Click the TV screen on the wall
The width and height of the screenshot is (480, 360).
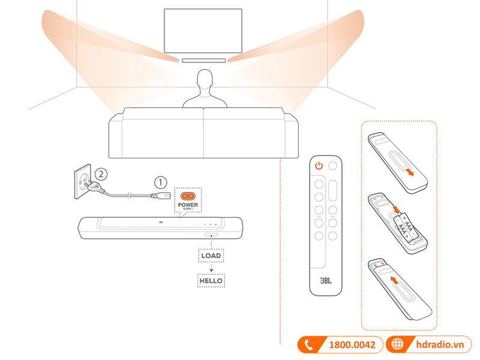tap(203, 31)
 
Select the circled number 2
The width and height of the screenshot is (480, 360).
tap(102, 174)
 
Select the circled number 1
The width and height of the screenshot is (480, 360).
tap(159, 180)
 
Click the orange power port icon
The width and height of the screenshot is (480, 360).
tap(188, 196)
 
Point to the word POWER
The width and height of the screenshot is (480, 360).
tap(188, 205)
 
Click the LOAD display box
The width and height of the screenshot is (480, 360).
tap(211, 256)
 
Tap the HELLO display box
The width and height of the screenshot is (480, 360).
tap(211, 280)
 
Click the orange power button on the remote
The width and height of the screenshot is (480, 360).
tap(319, 166)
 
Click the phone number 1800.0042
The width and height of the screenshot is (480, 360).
tap(352, 345)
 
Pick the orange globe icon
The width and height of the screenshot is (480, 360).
tap(397, 345)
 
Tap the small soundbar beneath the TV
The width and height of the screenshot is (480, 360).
tap(203, 60)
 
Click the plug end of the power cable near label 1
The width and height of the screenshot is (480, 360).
tap(159, 195)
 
